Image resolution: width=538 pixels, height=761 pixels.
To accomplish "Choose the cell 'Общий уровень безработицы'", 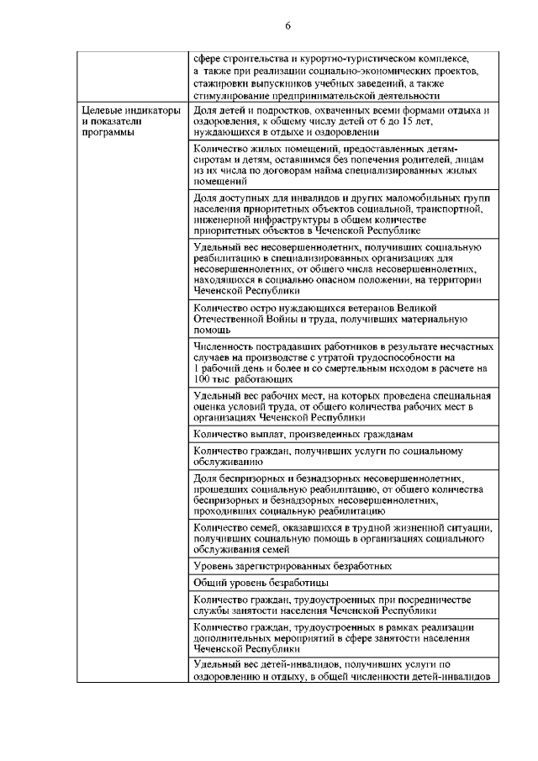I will click(x=261, y=582).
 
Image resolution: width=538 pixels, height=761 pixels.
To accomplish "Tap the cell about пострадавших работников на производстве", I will click(x=340, y=362).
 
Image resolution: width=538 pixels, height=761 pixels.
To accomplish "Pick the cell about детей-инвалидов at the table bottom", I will click(x=340, y=670).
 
